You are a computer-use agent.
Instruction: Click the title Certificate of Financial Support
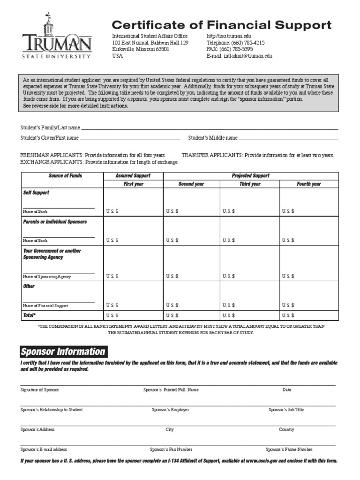[221, 25]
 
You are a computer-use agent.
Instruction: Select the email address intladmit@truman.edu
[239, 55]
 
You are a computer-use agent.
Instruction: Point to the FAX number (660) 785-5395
[230, 49]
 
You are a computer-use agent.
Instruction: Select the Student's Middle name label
[213, 138]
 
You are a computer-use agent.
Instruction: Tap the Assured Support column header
[133, 176]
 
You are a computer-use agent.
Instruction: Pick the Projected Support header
[250, 176]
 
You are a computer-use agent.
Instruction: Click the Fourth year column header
[308, 184]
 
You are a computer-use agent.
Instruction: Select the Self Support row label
[36, 193]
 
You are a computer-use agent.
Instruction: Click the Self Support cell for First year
[133, 202]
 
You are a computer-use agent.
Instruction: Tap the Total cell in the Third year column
[250, 315]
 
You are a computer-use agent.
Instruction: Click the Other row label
[29, 286]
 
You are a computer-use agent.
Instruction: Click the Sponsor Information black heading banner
[63, 352]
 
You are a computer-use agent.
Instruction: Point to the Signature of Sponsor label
[39, 390]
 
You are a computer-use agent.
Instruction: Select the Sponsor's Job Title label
[286, 409]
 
